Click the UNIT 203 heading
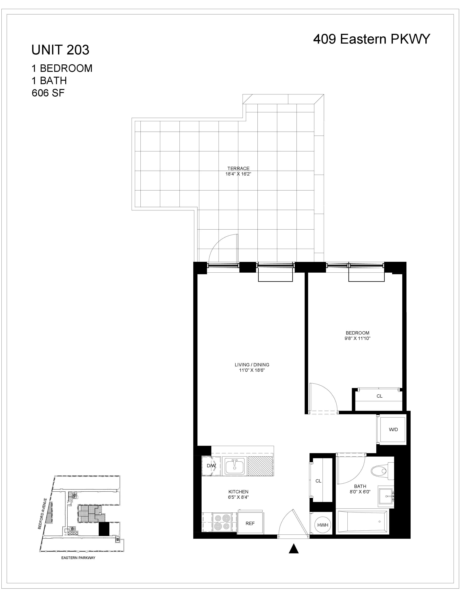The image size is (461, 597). pos(60,50)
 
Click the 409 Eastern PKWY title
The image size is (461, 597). pos(372,39)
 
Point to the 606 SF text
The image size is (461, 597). pos(48,93)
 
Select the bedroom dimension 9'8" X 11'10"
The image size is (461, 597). pos(357,338)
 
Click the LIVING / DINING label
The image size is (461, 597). pos(252,365)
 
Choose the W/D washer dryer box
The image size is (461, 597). pos(393,429)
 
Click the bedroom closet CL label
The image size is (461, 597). pos(379,396)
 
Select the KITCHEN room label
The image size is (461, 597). pos(238,492)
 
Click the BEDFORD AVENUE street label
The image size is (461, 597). pos(43,514)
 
